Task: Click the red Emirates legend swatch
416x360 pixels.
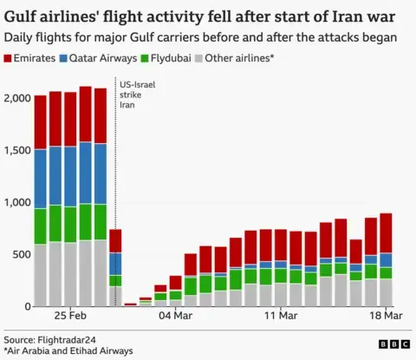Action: click(x=10, y=58)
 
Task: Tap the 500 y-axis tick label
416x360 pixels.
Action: click(x=20, y=254)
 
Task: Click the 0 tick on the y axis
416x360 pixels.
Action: click(x=26, y=306)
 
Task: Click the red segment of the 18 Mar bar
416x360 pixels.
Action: click(x=385, y=233)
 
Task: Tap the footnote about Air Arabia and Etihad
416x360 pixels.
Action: click(x=69, y=350)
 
